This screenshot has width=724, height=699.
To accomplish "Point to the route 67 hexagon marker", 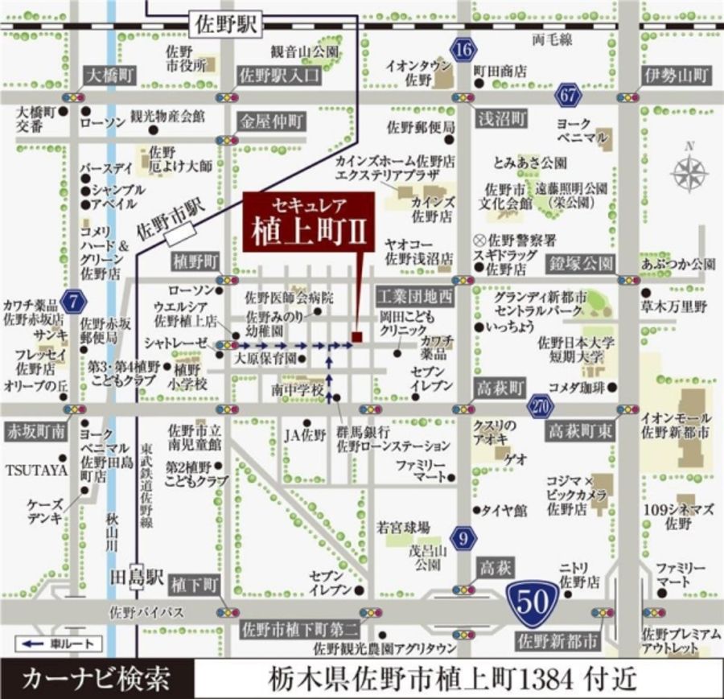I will coord(569,95).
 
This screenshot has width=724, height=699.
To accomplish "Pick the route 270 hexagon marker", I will coord(541,406).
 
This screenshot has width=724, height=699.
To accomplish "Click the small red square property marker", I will coord(357,336).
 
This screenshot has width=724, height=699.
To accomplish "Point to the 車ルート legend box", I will coord(58,643).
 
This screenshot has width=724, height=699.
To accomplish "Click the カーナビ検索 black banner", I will coord(97,678).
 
